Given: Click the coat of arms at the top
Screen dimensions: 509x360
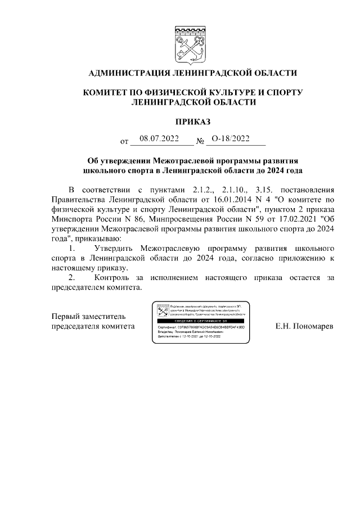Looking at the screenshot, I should tap(188, 45).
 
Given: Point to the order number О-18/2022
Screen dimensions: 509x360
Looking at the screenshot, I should tap(230, 138).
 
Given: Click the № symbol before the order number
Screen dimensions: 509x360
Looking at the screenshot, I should tap(200, 141).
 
